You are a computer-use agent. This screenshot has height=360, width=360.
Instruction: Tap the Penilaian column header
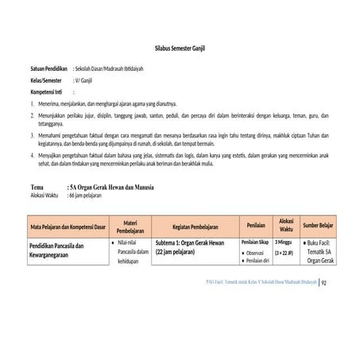point(255,226)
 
